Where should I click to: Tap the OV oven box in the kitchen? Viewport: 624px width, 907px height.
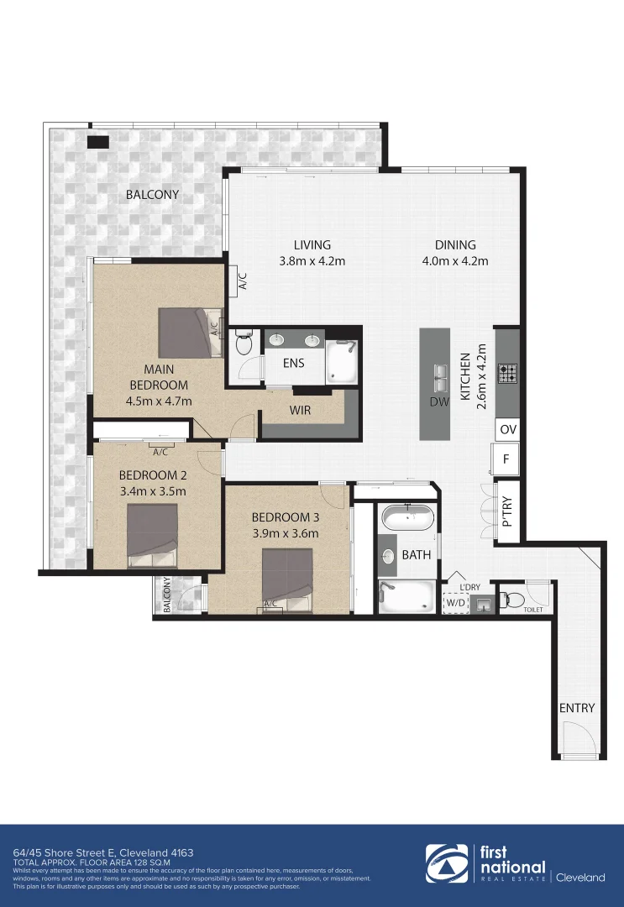click(x=507, y=429)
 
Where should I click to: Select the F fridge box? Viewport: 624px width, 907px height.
click(x=506, y=459)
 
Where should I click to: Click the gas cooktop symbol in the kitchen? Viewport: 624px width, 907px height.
click(x=507, y=373)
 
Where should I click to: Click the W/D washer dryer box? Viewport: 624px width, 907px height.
click(x=455, y=602)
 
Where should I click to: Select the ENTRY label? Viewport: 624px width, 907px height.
click(x=577, y=708)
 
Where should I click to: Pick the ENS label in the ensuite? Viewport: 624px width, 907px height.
click(x=293, y=364)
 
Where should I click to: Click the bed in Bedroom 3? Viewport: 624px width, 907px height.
click(x=288, y=578)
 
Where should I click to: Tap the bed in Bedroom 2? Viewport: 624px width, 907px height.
click(x=152, y=534)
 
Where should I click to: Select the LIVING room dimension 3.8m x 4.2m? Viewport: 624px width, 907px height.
click(x=312, y=261)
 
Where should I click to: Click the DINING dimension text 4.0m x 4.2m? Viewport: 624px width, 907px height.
click(x=454, y=261)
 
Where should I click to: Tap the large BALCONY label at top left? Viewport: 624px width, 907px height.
click(x=152, y=195)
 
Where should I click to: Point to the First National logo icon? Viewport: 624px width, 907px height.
click(x=447, y=864)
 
